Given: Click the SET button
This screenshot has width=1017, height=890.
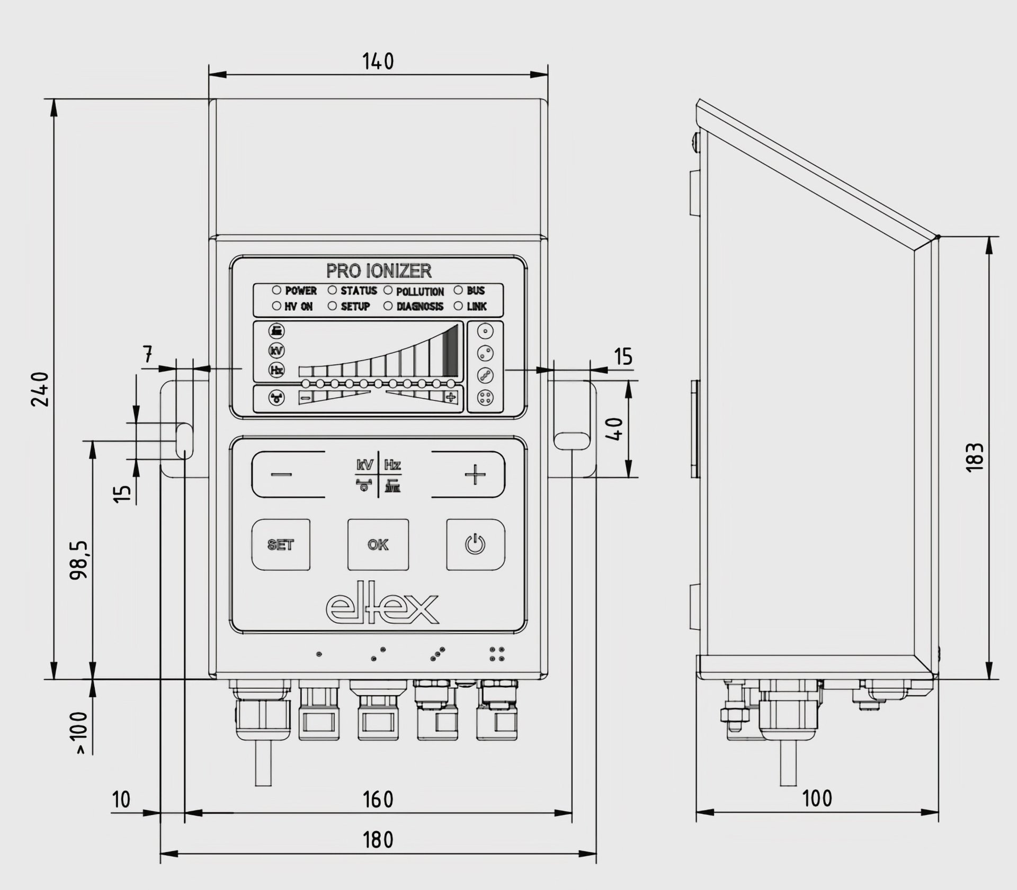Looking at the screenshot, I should (281, 545).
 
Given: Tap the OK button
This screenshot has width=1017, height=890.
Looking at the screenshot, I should (378, 545).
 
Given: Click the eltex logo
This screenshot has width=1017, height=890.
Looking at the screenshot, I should (382, 608).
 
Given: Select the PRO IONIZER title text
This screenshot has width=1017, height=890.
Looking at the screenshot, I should (379, 271).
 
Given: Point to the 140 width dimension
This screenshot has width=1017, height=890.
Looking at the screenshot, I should (378, 61).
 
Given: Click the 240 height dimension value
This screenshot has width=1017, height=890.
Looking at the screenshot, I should (41, 389).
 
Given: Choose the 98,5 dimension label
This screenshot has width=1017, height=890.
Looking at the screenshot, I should (81, 560).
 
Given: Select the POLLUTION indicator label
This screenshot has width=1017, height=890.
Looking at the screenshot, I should (420, 292).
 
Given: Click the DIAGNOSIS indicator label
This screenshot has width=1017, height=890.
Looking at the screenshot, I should (420, 307).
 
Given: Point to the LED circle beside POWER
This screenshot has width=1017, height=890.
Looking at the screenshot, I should (276, 290).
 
